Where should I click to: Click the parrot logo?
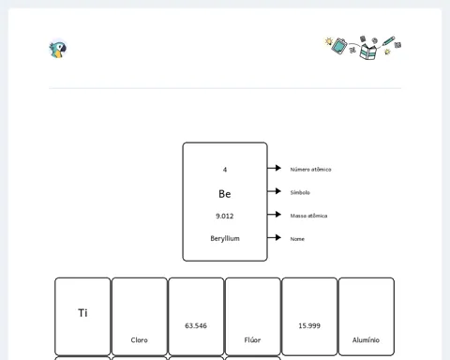(x=58, y=49)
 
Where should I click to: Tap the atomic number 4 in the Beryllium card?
(x=225, y=170)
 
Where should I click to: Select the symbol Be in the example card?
(x=225, y=194)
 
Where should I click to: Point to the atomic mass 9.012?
(x=225, y=216)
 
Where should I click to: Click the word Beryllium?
(x=225, y=238)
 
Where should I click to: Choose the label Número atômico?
(x=310, y=170)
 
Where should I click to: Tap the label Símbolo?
(x=300, y=192)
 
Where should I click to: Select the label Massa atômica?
(x=308, y=216)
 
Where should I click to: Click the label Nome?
(x=297, y=239)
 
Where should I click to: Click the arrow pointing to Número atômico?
(x=274, y=168)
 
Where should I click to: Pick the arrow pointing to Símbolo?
(x=274, y=191)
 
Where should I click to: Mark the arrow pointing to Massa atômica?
(x=274, y=214)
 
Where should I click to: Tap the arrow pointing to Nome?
(x=274, y=237)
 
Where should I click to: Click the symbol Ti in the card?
(x=82, y=313)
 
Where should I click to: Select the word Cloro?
(x=140, y=340)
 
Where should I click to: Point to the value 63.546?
(x=196, y=325)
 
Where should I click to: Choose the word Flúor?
(x=252, y=339)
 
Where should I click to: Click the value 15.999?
(x=309, y=325)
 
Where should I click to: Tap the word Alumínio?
(x=366, y=339)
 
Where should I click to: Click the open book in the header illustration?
(x=368, y=52)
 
